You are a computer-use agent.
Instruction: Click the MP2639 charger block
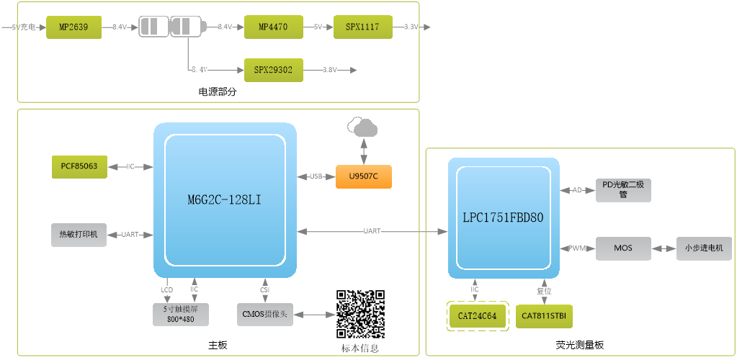point(74,27)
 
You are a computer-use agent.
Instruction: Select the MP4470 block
point(272,27)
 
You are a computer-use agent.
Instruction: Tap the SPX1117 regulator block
point(362,27)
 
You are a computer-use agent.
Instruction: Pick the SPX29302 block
point(273,70)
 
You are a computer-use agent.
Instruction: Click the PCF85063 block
point(79,166)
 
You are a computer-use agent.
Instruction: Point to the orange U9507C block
point(364,176)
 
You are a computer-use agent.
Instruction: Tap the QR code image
point(360,314)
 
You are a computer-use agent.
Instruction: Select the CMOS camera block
point(265,315)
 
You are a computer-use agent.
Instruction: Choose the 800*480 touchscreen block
point(181,314)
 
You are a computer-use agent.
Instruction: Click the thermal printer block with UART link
point(79,235)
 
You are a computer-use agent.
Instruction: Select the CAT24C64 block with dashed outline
point(477,316)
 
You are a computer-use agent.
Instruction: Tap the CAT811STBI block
point(545,316)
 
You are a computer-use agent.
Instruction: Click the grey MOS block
point(623,248)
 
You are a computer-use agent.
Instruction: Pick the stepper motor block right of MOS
point(704,248)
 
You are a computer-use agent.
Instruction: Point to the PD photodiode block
point(623,190)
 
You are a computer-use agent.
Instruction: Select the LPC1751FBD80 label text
point(504,217)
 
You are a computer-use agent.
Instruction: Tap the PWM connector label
point(577,248)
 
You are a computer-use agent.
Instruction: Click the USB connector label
point(316,176)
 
